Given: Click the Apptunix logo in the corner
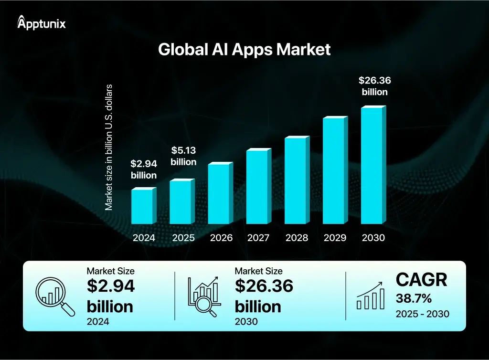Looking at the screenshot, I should (42, 22).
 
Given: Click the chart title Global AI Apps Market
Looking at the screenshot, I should (244, 49).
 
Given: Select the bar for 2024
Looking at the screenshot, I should (142, 206).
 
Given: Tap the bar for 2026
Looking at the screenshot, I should (219, 193).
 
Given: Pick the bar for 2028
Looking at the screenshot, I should (296, 180).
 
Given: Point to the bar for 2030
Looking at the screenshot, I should (372, 166).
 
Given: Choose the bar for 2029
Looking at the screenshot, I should (334, 170).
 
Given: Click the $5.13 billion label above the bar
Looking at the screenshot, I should (183, 156).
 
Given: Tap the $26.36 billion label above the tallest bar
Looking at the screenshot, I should (374, 86).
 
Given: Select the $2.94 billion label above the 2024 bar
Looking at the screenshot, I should (144, 169).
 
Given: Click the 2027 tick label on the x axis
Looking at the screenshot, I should (258, 238).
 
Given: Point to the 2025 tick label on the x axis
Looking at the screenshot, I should (183, 238).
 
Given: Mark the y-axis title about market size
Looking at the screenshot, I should (109, 147).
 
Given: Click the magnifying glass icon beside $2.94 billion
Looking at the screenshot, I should (55, 296).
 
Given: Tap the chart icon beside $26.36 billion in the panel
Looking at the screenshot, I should (204, 296).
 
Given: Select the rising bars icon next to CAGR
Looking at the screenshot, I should (371, 296).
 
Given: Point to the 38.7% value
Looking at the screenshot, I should (414, 299).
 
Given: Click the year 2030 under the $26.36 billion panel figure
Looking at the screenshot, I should (246, 321).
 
